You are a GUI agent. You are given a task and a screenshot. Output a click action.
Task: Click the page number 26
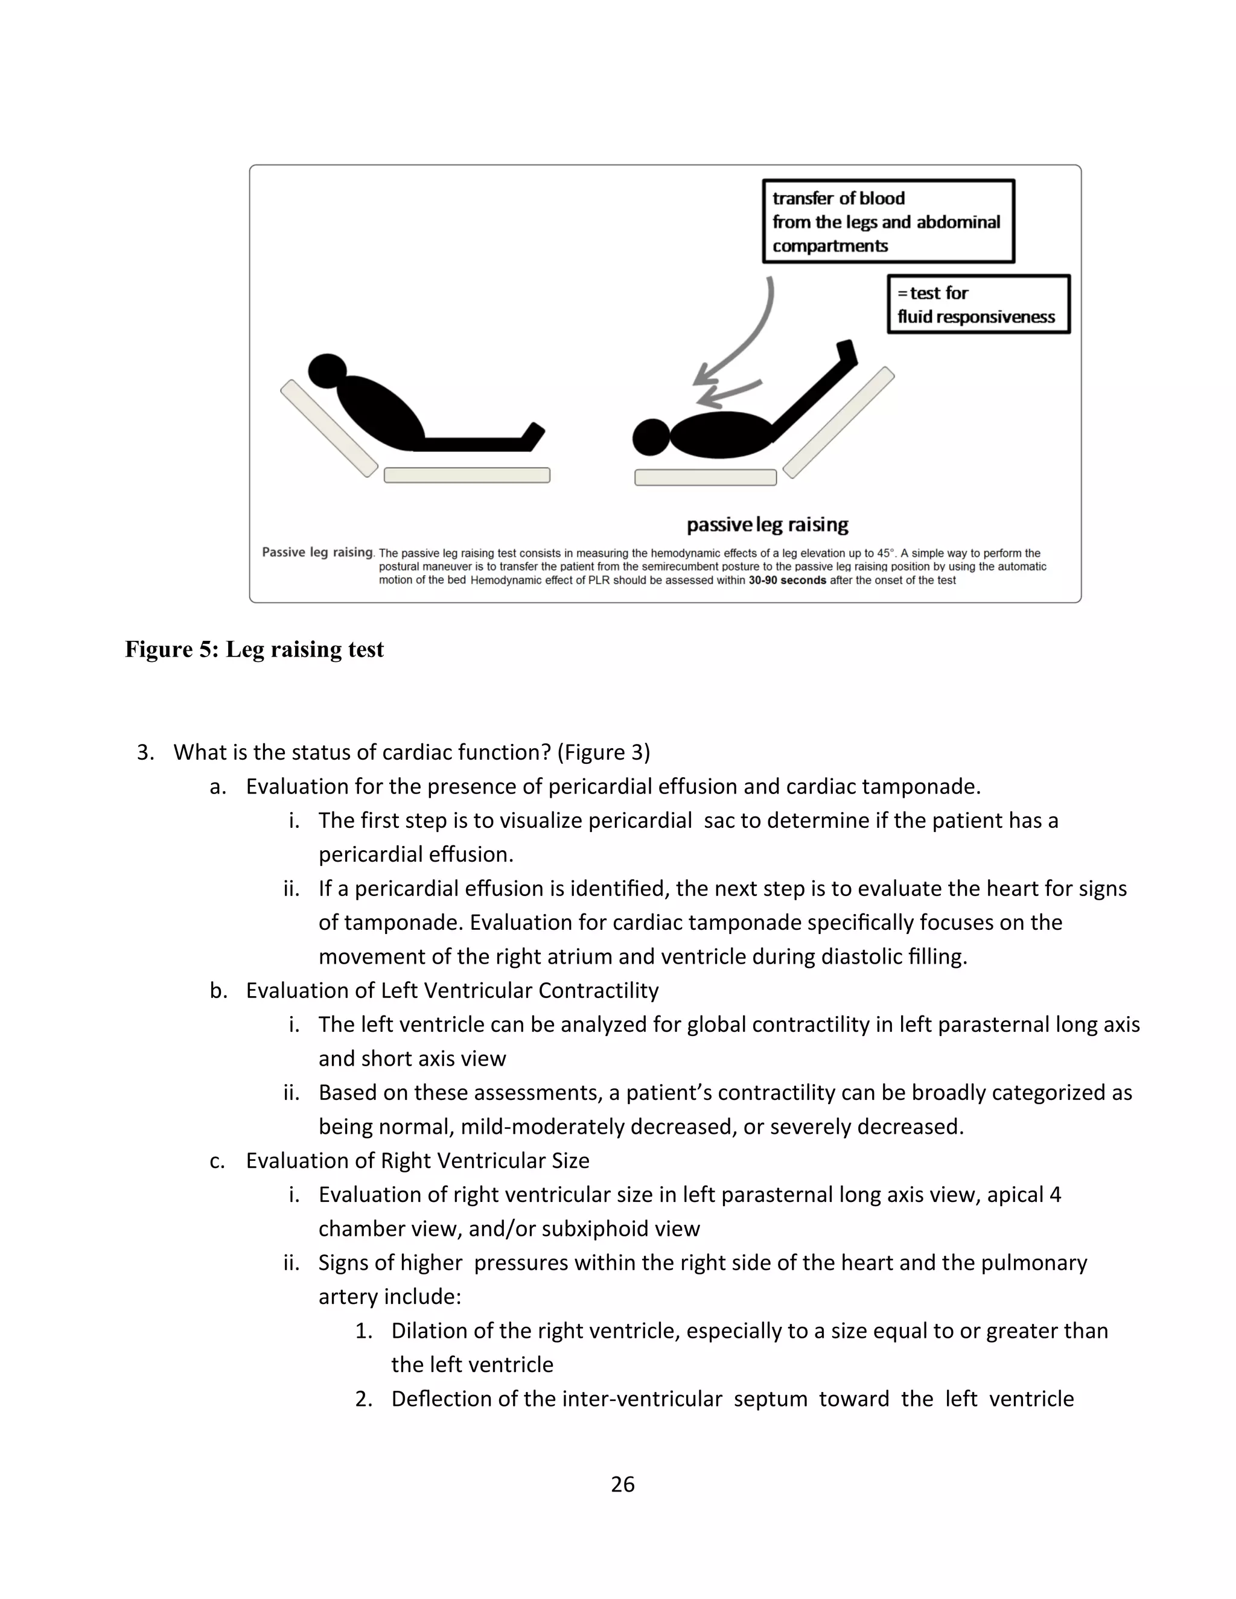click(622, 1484)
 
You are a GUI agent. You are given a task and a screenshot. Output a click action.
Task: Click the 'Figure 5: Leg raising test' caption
click(254, 649)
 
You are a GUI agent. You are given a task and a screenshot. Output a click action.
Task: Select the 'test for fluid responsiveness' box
click(978, 305)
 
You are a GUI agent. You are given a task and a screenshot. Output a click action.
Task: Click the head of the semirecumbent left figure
click(327, 370)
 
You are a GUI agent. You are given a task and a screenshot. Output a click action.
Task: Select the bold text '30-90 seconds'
click(787, 580)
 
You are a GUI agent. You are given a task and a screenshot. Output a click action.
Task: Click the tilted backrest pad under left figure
click(329, 428)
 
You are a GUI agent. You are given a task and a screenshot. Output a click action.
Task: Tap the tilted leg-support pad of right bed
click(839, 422)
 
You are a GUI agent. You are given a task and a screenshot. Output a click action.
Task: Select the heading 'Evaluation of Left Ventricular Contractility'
click(452, 991)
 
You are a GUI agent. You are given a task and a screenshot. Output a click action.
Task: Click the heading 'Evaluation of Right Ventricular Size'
click(418, 1160)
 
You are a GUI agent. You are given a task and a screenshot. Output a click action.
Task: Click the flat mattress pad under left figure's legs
click(467, 475)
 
